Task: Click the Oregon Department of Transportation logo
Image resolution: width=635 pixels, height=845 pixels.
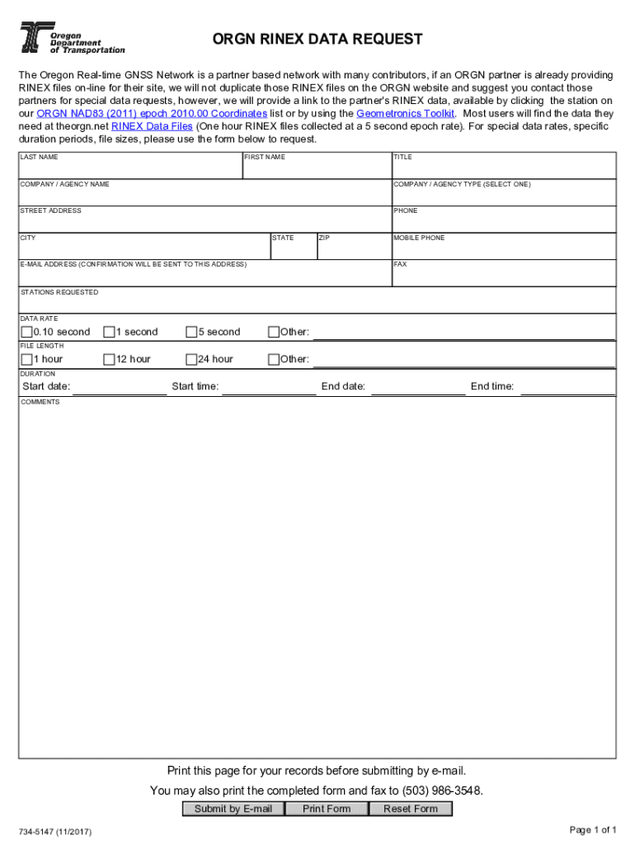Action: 72,38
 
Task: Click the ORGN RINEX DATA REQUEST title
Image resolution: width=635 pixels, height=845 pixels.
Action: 317,39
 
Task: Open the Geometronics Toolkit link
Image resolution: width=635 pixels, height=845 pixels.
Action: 406,113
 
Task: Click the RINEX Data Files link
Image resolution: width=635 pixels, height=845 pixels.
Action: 152,126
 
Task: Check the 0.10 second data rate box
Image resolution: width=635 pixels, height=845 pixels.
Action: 26,333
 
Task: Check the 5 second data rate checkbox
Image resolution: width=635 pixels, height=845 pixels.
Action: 191,333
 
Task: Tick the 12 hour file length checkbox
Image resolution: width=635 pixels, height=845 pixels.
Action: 109,360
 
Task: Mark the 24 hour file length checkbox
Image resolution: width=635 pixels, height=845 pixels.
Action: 191,360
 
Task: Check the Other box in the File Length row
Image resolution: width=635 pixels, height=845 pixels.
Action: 274,360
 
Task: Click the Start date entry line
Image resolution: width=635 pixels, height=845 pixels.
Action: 120,387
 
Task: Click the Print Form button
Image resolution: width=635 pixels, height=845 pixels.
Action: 327,809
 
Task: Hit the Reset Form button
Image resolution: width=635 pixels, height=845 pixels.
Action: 411,809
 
